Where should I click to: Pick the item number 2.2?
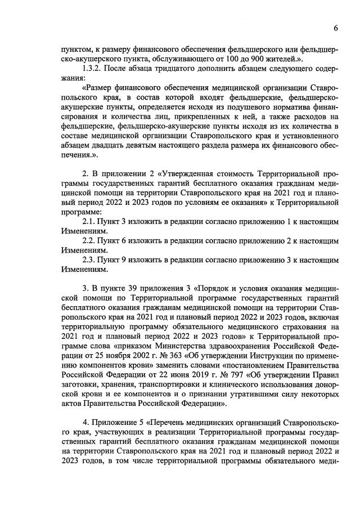pos(90,241)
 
